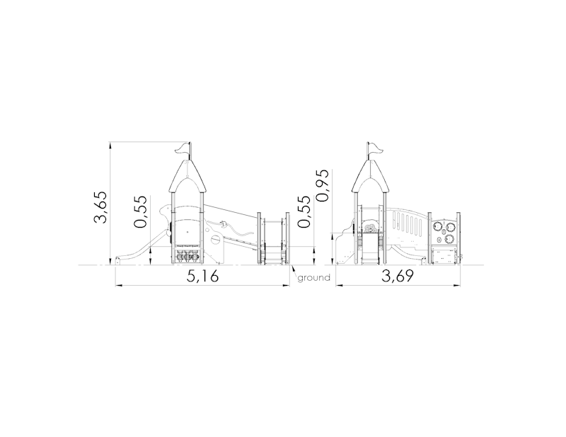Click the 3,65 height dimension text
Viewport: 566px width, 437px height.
click(100, 206)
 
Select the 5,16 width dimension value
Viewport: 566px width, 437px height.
click(202, 276)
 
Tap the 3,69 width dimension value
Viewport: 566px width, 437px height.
click(398, 276)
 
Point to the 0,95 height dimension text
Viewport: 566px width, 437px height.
click(322, 185)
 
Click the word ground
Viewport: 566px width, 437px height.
click(313, 277)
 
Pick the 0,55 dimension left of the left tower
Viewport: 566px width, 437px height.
click(140, 212)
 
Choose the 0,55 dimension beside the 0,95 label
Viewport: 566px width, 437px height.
click(304, 212)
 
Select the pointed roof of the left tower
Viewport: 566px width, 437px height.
click(187, 176)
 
